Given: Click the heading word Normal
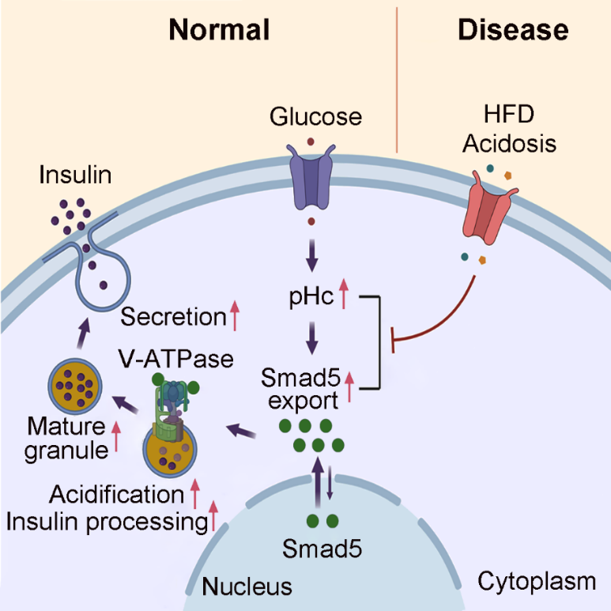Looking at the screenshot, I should pos(219,29).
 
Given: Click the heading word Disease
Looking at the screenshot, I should pos(512,29).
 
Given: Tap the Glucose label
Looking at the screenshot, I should pos(315,117).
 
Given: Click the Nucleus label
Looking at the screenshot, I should pos(247,586).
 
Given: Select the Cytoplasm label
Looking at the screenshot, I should pos(537,583).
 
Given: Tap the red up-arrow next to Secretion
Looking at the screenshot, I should pos(234,316).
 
